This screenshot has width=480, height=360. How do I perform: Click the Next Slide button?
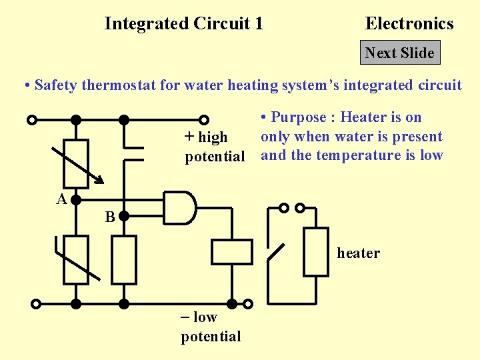[x=400, y=53]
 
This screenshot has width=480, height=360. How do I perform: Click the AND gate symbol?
[x=180, y=207]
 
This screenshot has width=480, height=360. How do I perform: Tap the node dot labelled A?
[x=76, y=199]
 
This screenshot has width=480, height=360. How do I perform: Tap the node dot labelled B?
[x=123, y=217]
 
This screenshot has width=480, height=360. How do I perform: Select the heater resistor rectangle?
[x=316, y=251]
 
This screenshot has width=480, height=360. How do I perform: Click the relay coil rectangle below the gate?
[x=232, y=252]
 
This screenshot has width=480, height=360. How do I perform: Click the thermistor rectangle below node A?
[x=76, y=260]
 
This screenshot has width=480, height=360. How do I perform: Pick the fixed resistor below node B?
[x=124, y=260]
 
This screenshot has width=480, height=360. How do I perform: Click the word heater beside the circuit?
[x=358, y=253]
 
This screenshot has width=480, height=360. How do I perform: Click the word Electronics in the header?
[x=409, y=24]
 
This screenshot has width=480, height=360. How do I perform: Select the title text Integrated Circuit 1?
[x=183, y=24]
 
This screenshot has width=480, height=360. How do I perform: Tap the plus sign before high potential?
[x=189, y=137]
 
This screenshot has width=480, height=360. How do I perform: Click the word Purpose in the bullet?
[x=298, y=117]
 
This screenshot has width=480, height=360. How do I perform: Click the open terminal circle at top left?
[x=32, y=121]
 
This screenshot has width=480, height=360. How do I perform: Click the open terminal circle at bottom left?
[x=36, y=303]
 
